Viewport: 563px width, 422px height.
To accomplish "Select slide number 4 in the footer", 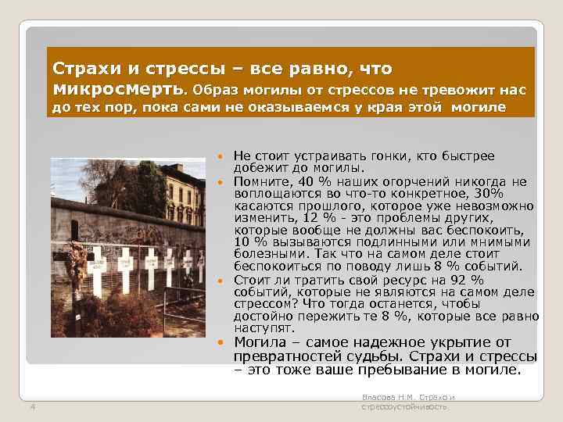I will point(31,405).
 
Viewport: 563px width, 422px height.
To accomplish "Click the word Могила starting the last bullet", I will point(261,342).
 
